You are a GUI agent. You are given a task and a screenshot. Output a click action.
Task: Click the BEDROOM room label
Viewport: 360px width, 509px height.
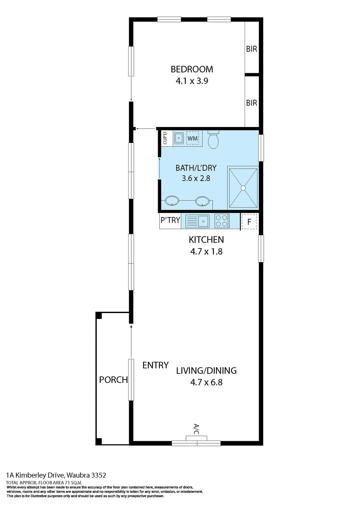point(192,69)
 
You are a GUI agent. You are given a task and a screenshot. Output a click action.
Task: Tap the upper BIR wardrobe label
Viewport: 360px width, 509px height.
point(251,49)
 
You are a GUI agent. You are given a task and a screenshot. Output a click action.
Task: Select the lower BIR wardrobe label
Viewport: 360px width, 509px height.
point(251,103)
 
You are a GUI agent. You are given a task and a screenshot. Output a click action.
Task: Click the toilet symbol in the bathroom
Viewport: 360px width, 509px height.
point(213,140)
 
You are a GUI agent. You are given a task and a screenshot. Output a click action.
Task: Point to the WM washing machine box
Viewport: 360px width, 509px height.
point(192,138)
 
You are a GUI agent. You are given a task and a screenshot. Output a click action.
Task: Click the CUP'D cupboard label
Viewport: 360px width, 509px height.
point(165,138)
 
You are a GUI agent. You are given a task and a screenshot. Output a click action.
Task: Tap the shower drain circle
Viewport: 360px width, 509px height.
point(243,188)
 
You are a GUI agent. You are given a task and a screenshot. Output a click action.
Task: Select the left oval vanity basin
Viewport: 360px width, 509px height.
point(172,201)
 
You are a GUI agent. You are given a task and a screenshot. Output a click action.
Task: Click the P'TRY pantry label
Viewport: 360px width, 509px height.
point(170,220)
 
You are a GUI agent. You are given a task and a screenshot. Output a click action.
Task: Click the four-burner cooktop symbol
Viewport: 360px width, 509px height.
point(222,221)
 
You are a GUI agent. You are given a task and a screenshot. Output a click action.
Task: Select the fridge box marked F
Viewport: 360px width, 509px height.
point(249,222)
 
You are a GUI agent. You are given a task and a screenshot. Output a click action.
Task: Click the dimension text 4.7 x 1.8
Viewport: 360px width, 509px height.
point(206,251)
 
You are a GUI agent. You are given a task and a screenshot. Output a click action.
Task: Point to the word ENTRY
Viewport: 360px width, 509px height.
point(155,365)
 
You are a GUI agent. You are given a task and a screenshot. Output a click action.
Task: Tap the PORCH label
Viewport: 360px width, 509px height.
point(113,380)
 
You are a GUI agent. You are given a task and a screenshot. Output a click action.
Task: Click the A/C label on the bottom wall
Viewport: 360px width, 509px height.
point(196,429)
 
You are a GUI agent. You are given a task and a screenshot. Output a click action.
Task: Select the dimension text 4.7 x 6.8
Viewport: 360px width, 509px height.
point(206,382)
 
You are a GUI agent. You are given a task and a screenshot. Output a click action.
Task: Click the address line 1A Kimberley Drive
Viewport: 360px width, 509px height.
point(56,475)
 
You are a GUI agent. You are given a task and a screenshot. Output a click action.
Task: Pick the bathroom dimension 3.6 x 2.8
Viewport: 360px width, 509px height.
point(196,178)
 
